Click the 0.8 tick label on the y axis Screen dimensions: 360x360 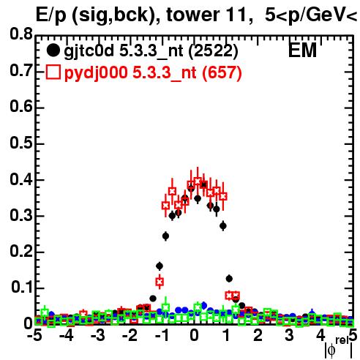click(x=21, y=34)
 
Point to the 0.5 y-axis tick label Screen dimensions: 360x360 click(x=21, y=143)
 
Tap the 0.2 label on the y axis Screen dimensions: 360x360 click(x=21, y=251)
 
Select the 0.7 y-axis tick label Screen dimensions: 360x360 click(x=21, y=70)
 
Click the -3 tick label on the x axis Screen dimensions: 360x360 click(x=98, y=336)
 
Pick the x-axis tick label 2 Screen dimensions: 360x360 click(x=258, y=336)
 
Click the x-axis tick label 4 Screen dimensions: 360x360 click(x=321, y=336)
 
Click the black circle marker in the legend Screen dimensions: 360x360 click(x=53, y=50)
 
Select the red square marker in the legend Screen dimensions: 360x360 click(x=53, y=72)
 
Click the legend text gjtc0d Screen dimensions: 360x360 click(x=89, y=51)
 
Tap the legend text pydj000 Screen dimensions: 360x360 click(x=96, y=73)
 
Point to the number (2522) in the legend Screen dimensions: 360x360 click(x=213, y=51)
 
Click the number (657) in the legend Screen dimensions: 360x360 click(x=222, y=73)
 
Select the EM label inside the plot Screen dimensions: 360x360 click(x=302, y=50)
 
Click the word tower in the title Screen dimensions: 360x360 click(x=192, y=15)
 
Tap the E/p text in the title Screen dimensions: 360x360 click(x=51, y=15)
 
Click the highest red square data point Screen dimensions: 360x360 click(x=198, y=181)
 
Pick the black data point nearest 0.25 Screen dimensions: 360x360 click(x=165, y=236)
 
